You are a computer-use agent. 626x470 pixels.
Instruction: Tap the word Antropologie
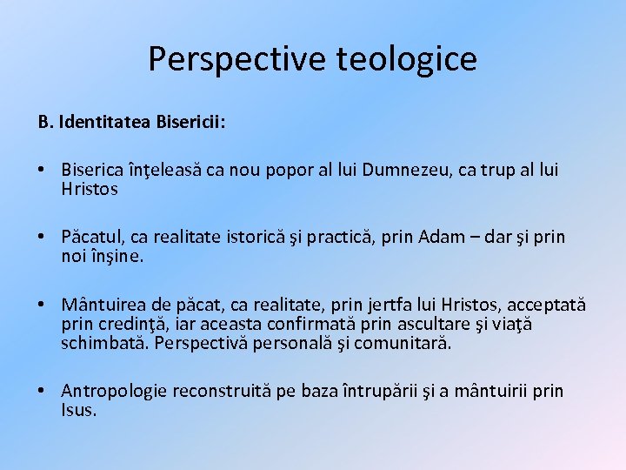pos(114,391)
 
